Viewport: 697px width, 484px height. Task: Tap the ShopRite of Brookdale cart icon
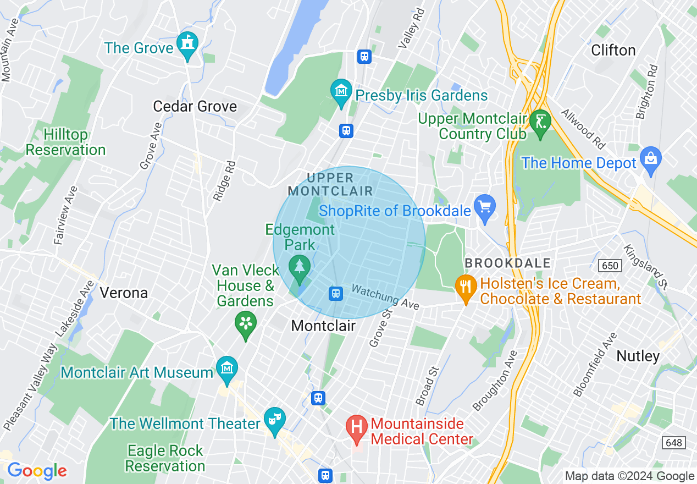(x=485, y=207)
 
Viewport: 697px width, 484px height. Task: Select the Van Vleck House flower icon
(x=246, y=323)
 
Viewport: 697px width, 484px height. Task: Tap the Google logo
(x=36, y=471)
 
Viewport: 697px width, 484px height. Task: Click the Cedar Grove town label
(x=195, y=106)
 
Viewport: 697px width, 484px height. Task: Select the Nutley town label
(x=638, y=356)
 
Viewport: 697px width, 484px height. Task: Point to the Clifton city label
(x=613, y=50)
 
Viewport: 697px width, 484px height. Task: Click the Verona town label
(x=124, y=293)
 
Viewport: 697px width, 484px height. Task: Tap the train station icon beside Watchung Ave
(x=335, y=294)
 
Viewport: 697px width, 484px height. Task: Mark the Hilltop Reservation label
(x=65, y=142)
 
